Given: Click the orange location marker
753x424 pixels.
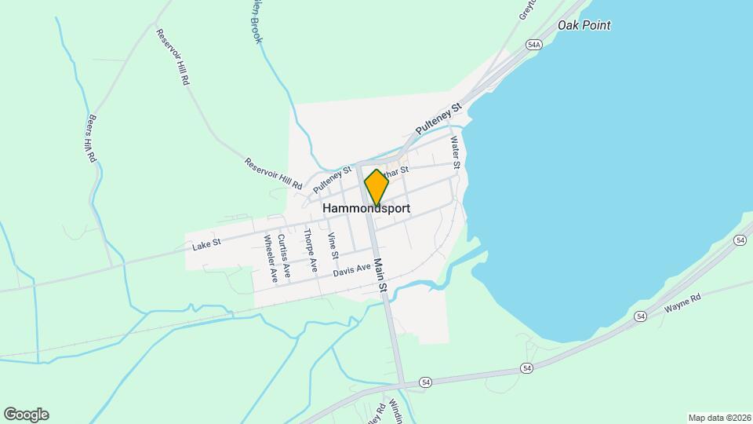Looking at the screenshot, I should pos(376,187).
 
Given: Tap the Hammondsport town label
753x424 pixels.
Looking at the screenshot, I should pos(366,209).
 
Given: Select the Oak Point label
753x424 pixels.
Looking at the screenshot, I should pos(584,25).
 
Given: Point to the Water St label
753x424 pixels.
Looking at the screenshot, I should pos(454,153).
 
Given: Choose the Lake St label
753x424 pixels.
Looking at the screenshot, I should pos(206,244).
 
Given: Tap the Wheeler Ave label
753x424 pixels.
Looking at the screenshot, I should pos(271,258).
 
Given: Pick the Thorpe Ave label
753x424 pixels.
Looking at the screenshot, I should pos(311,250).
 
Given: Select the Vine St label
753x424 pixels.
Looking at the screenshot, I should pos(333,247).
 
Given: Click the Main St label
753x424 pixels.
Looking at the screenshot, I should pos(380,276).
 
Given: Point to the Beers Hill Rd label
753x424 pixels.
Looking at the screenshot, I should pos(93,140).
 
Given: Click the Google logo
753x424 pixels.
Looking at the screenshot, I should pos(26,415).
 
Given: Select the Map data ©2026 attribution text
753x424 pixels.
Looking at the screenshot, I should pos(718,418).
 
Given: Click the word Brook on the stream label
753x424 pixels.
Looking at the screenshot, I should pos(257,32).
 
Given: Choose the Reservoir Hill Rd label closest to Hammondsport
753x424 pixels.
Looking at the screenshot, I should pos(273,175).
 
